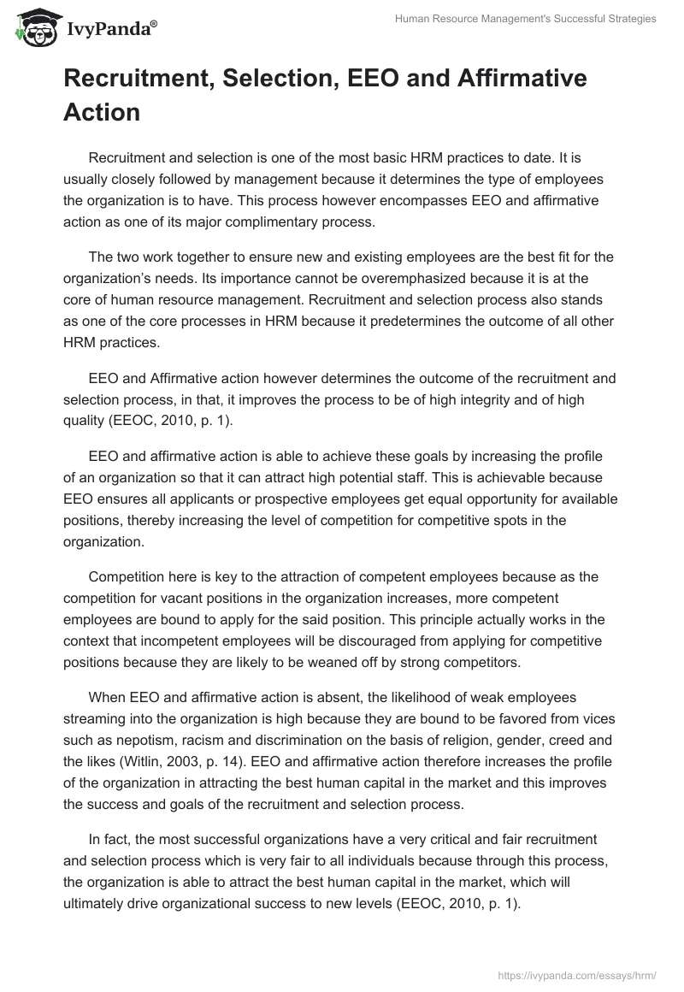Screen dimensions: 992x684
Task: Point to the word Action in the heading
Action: tap(102, 112)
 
